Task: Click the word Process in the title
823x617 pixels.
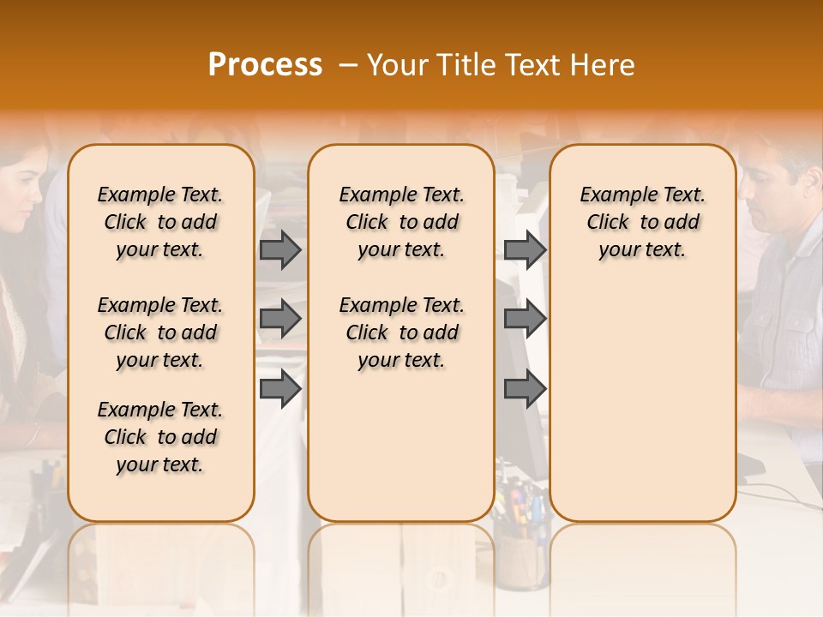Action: [265, 64]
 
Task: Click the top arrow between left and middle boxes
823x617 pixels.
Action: [280, 249]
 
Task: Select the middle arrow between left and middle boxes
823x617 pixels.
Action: [280, 320]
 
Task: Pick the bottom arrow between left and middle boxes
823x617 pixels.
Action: [280, 389]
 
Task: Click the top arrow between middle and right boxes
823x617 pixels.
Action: [525, 249]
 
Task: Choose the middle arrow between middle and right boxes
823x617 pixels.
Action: [525, 320]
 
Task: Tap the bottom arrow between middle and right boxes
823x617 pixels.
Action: [525, 389]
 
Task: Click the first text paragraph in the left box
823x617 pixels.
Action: [160, 222]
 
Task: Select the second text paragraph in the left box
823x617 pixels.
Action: [160, 332]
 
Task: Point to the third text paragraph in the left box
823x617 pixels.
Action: [160, 437]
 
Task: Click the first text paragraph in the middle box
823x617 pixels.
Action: [401, 222]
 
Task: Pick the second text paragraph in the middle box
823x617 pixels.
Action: [401, 332]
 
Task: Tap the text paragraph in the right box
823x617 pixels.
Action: [642, 222]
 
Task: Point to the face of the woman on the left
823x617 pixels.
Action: [21, 197]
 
